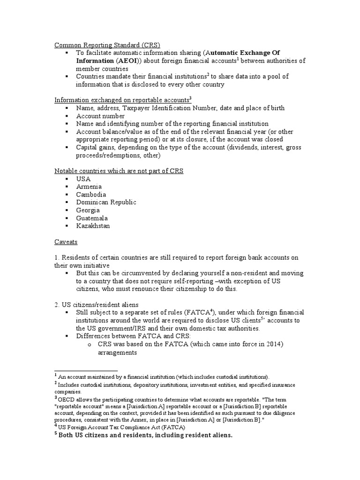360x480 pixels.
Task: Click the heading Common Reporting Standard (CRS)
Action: (107, 45)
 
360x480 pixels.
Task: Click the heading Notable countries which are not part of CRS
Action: (119, 171)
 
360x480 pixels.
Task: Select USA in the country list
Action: (83, 179)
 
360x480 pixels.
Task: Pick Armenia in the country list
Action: (88, 187)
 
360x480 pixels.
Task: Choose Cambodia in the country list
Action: (91, 195)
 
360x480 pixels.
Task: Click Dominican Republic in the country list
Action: (106, 202)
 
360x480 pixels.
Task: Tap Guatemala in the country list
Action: (92, 218)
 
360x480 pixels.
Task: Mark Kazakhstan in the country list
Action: (93, 226)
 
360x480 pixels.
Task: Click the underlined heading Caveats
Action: (66, 242)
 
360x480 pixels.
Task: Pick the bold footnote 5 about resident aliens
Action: (145, 435)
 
